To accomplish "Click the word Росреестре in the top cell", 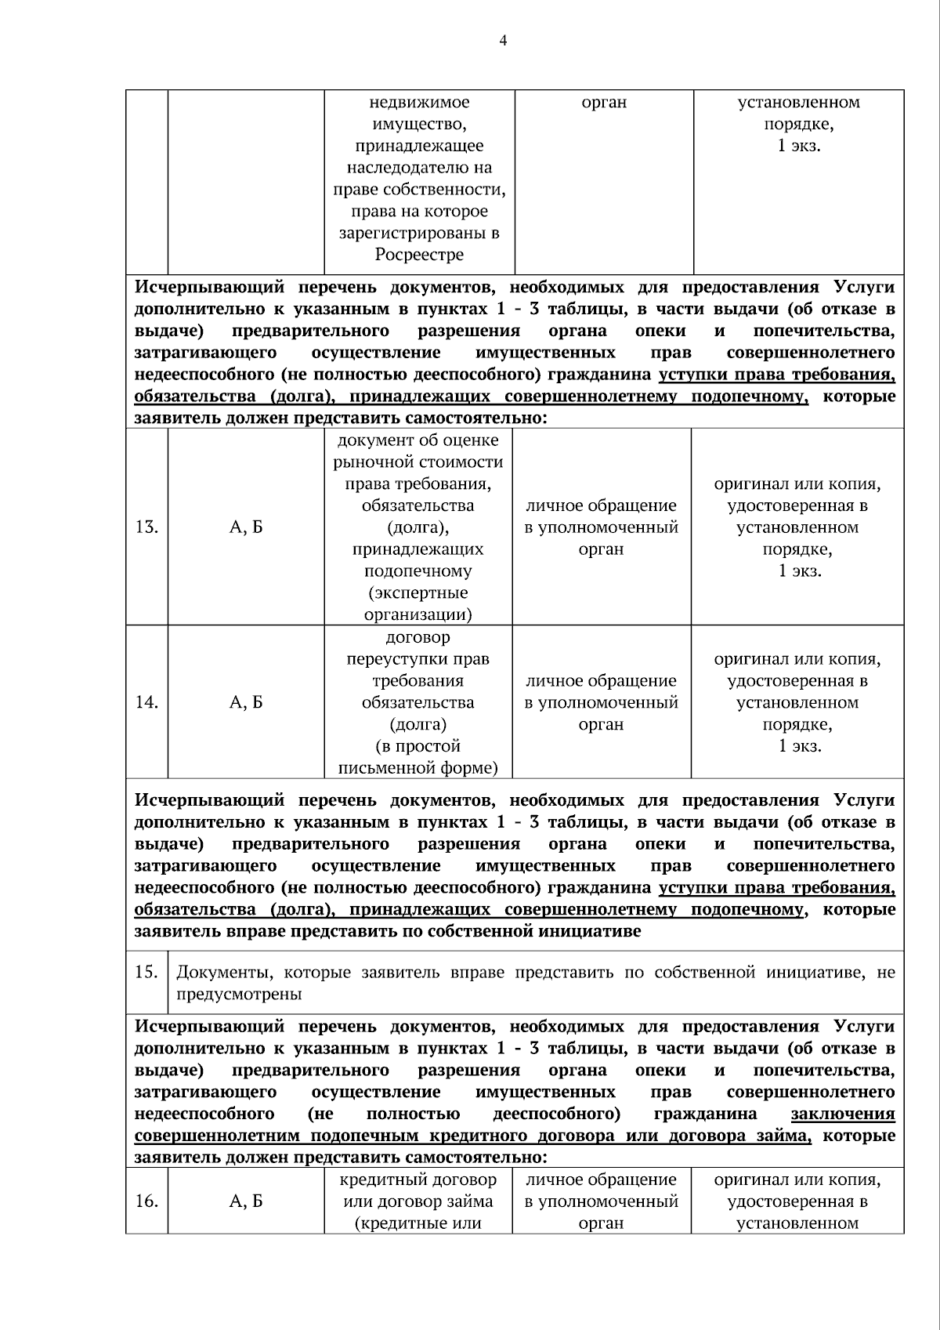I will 419,255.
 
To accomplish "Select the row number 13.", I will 146,527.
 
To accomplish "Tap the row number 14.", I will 146,702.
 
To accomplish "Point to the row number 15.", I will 146,973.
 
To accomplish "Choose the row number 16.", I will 146,1201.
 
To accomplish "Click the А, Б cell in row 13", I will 246,527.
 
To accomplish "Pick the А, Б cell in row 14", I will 246,702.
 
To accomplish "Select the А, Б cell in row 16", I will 246,1201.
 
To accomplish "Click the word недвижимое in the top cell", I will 419,102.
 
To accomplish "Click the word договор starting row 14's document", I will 418,637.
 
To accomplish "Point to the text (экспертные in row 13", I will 418,593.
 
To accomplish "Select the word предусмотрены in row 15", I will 239,995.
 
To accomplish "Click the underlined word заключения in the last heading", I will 843,1114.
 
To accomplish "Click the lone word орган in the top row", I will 604,102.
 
